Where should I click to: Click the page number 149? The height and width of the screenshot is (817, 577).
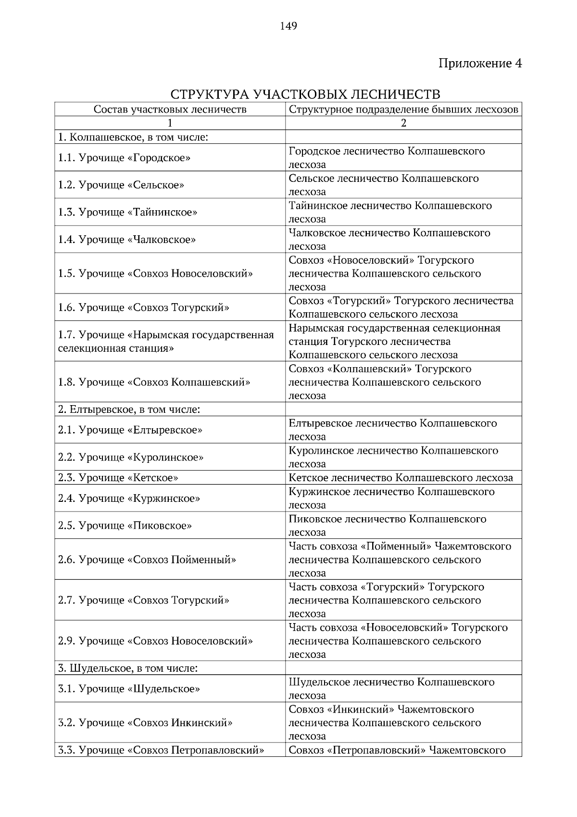(288, 26)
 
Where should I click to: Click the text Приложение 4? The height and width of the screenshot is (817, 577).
(479, 63)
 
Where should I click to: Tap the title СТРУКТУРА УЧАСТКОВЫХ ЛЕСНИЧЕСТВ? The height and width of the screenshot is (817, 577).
(305, 93)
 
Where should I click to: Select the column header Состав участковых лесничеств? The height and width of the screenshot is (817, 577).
(170, 109)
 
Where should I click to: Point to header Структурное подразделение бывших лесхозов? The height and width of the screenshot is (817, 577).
(403, 109)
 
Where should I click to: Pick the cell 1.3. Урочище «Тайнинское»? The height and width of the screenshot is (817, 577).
(127, 212)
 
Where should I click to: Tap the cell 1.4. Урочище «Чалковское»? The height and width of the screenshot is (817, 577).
(127, 240)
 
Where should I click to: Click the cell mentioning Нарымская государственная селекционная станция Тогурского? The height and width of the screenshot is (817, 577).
(394, 342)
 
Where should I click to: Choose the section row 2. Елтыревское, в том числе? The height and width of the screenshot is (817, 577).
(129, 409)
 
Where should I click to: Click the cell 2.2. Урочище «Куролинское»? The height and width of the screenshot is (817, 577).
(130, 457)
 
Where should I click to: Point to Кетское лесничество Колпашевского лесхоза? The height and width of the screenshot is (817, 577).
(401, 478)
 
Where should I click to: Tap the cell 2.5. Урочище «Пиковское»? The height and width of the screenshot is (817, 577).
(125, 525)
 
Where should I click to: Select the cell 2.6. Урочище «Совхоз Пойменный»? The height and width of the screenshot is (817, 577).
(147, 560)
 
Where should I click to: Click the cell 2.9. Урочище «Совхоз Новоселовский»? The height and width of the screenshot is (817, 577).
(155, 641)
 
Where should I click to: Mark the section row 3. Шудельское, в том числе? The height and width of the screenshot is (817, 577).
(128, 668)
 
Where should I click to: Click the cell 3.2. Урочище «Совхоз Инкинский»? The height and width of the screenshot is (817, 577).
(145, 723)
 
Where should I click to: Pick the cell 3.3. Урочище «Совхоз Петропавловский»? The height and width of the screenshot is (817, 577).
(161, 750)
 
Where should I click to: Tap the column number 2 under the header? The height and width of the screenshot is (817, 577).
(403, 123)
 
